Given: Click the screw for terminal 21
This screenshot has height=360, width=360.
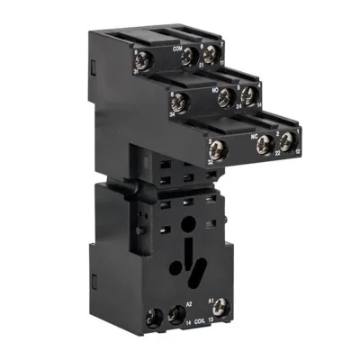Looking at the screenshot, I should [x=190, y=57].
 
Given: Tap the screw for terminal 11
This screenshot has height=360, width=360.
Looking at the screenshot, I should [x=210, y=54].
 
